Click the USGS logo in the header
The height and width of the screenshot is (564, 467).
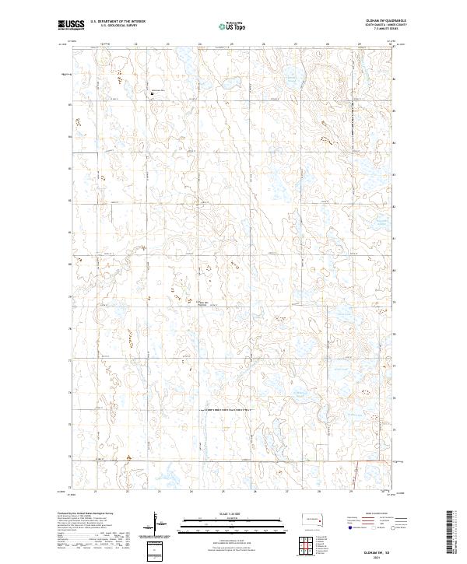71,25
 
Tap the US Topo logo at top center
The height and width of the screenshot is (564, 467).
232,25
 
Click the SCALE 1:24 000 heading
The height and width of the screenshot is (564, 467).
231,513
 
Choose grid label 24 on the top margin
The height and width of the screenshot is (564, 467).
200,44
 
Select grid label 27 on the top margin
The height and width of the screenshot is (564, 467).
296,44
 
